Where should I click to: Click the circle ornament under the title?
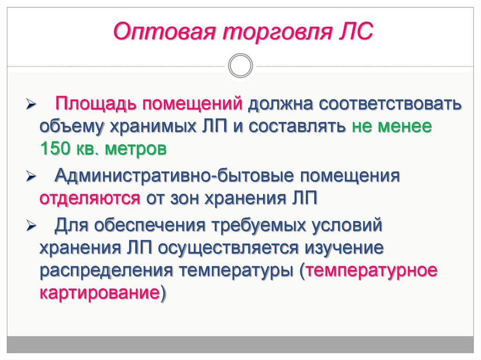coord(240,66)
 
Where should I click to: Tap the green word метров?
coord(136,149)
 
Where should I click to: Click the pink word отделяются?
coord(90,199)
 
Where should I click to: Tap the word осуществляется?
coord(228,248)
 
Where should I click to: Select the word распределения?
coord(106,271)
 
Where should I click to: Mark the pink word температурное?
coord(372,271)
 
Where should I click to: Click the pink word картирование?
coord(100,293)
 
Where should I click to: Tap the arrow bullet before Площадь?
coord(31,105)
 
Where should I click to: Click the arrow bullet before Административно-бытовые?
coord(31,177)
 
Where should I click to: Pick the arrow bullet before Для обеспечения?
coord(31,226)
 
